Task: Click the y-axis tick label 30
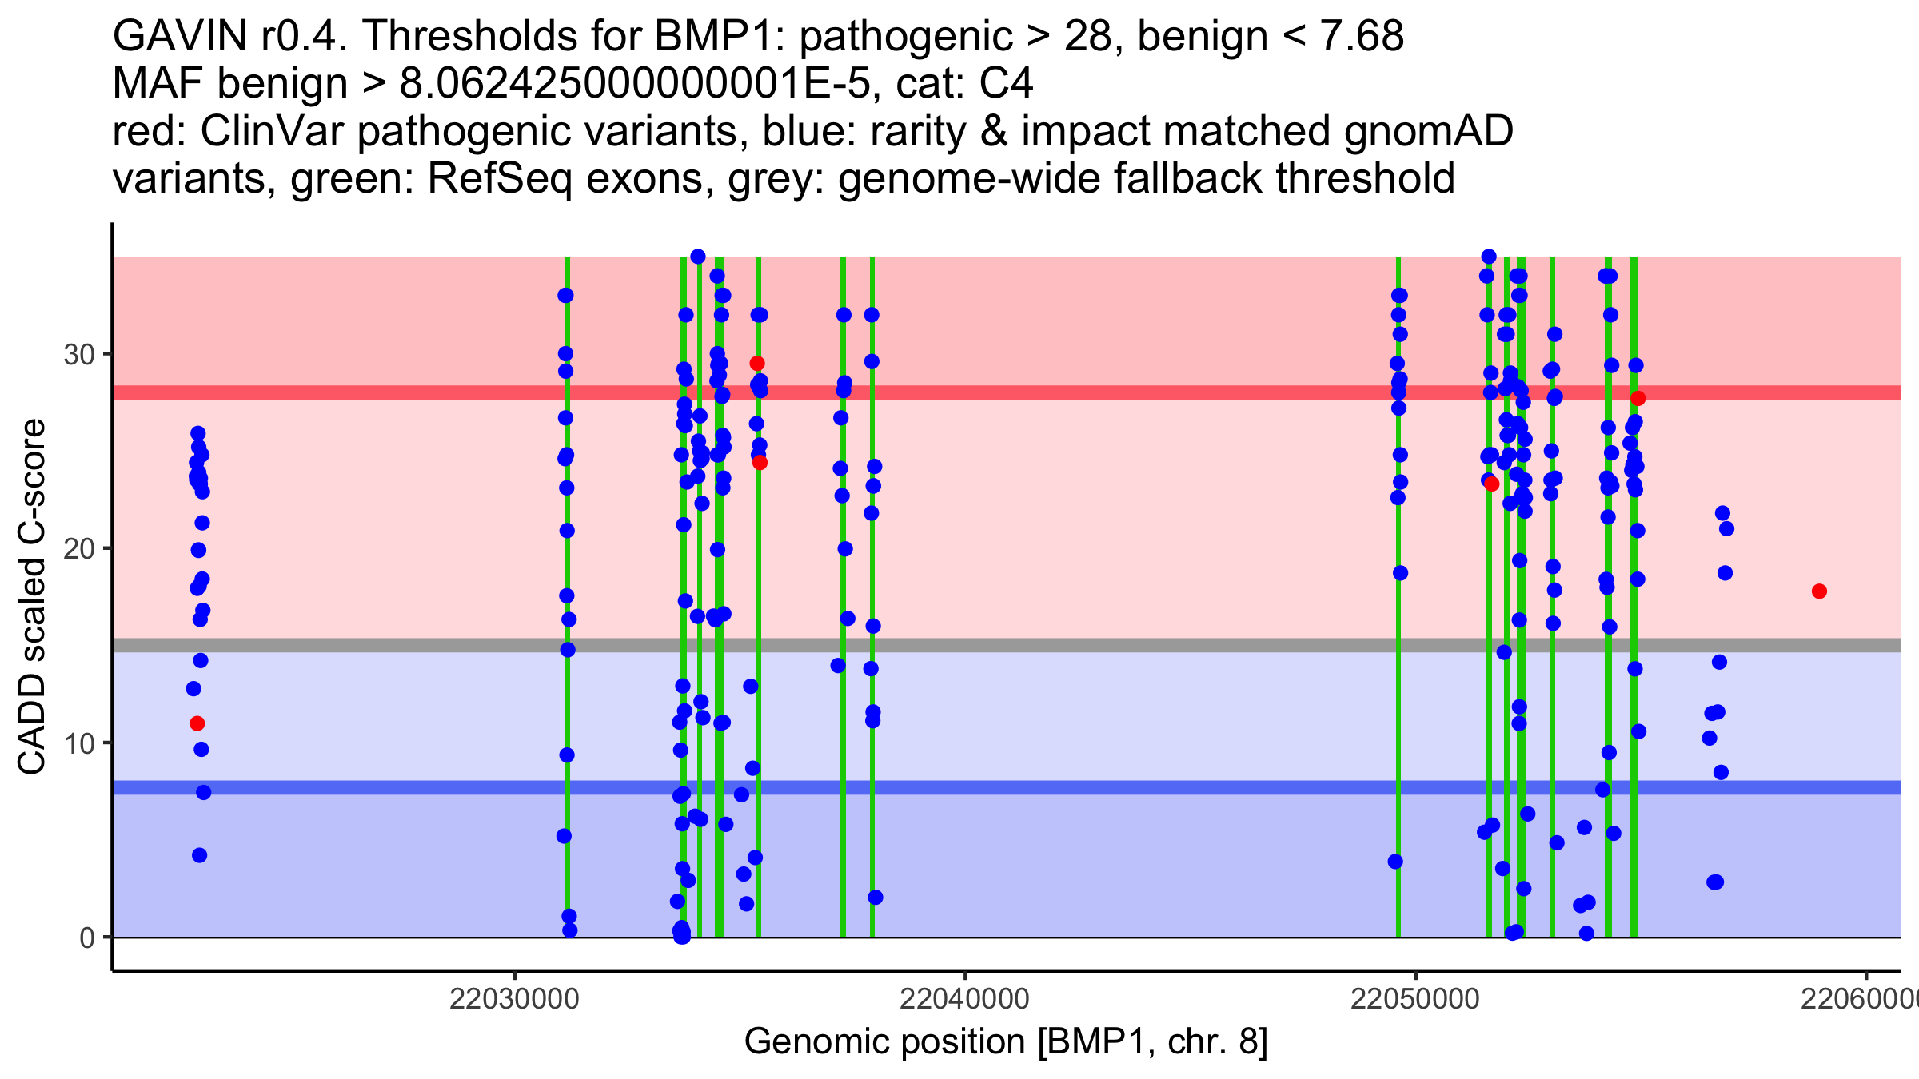point(79,354)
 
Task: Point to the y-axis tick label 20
point(79,549)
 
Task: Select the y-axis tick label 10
point(79,743)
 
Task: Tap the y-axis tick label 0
point(87,938)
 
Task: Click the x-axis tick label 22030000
point(514,1000)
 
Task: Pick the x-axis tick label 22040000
point(964,1000)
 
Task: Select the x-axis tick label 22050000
point(1415,1000)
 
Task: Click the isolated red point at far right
point(1819,591)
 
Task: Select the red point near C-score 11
point(197,723)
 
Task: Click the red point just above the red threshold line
point(757,364)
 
